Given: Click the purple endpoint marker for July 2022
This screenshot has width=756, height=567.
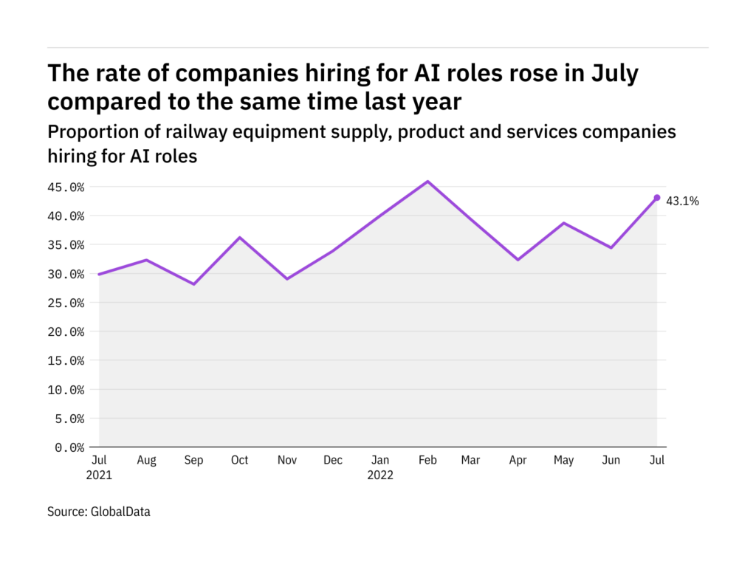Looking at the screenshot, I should (x=657, y=198).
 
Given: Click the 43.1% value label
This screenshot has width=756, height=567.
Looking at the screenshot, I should (x=682, y=201).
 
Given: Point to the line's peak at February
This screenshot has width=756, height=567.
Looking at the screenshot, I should (x=427, y=182).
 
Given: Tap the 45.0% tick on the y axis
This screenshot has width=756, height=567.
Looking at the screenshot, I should (x=64, y=187).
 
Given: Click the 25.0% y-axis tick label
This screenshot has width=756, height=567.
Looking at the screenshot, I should (x=64, y=303).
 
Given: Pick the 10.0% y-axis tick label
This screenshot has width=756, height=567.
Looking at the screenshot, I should (x=64, y=389).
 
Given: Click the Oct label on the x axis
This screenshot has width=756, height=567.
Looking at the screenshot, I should (x=239, y=461).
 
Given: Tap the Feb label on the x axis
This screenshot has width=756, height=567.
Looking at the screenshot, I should (x=427, y=461).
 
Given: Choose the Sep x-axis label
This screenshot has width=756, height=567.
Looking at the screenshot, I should (x=193, y=461).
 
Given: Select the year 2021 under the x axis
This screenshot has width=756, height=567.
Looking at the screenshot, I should (x=99, y=475).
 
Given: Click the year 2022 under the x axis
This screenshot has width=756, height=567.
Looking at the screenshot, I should (x=380, y=475).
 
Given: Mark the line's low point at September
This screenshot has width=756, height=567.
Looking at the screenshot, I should (x=194, y=284).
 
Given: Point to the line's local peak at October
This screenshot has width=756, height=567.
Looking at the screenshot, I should (x=240, y=238).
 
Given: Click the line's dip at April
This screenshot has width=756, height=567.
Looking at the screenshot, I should (x=518, y=260).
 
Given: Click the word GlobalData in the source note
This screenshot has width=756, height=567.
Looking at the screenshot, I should (x=121, y=511).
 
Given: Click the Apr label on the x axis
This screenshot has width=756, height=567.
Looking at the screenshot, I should (x=518, y=461).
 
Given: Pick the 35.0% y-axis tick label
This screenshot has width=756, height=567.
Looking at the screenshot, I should (x=64, y=245).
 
